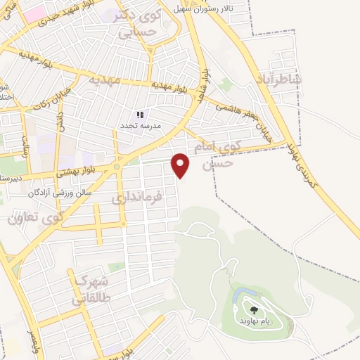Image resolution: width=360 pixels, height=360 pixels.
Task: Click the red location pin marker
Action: coord(181,165)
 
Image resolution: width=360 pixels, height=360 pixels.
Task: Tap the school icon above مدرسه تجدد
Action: coord(139,114)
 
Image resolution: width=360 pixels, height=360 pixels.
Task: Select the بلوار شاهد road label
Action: coord(205,82)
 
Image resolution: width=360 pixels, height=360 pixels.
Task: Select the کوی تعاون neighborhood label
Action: coord(37,216)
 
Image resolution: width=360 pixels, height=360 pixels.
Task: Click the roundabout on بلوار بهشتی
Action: coord(116,167)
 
